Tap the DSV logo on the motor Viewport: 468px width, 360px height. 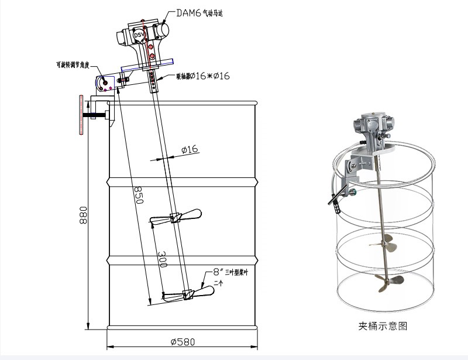pos(139,36)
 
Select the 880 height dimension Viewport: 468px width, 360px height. pos(84,218)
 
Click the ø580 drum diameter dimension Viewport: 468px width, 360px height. pos(182,341)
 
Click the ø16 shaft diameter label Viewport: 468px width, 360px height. pos(190,150)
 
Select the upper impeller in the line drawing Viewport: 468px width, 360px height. pos(175,217)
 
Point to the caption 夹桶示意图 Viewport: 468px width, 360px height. pos(382,325)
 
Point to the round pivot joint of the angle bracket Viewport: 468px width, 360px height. pos(106,83)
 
